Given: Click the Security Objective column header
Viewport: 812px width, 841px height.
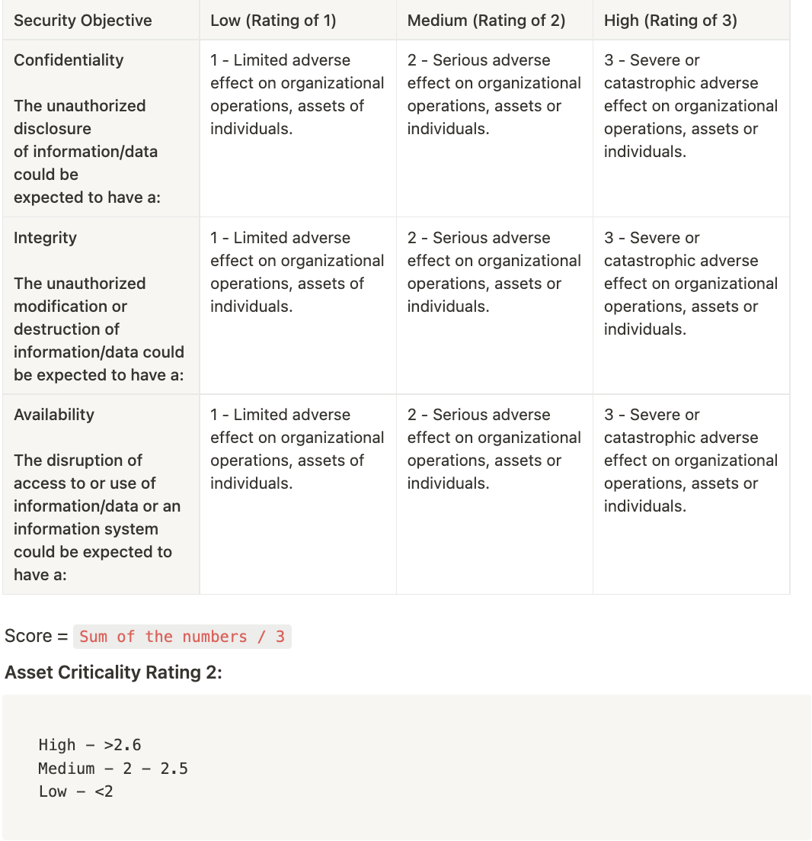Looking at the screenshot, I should (x=82, y=21).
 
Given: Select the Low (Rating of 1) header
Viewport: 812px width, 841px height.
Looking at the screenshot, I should (x=273, y=21).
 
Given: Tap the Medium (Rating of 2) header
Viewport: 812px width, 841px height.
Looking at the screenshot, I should (x=486, y=21).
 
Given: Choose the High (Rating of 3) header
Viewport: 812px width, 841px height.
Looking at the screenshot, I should (x=670, y=21).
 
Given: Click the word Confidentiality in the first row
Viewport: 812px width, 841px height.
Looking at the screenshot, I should (x=69, y=60).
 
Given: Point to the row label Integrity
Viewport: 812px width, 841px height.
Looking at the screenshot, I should (x=45, y=238).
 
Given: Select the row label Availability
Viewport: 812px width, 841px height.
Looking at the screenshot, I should (x=54, y=415).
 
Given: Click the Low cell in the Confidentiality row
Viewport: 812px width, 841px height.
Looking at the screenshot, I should (x=297, y=95).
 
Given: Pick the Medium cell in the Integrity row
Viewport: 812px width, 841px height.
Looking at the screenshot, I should (x=494, y=272).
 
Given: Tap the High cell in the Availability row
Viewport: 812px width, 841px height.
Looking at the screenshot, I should (x=690, y=461).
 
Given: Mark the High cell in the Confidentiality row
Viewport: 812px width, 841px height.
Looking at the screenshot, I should (x=690, y=106).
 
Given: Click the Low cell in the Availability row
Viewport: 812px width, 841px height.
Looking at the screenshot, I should (x=297, y=449).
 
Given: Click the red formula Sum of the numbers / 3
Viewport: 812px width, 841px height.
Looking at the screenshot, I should (x=182, y=637).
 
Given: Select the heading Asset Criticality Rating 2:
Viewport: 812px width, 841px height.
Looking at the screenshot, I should (x=113, y=672).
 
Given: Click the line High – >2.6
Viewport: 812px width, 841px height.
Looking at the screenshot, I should (x=90, y=745).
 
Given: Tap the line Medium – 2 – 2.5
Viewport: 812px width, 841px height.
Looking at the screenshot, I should (x=113, y=769).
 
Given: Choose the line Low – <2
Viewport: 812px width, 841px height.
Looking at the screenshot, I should (x=75, y=791).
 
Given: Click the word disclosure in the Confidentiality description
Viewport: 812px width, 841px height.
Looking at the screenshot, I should (x=53, y=129).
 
